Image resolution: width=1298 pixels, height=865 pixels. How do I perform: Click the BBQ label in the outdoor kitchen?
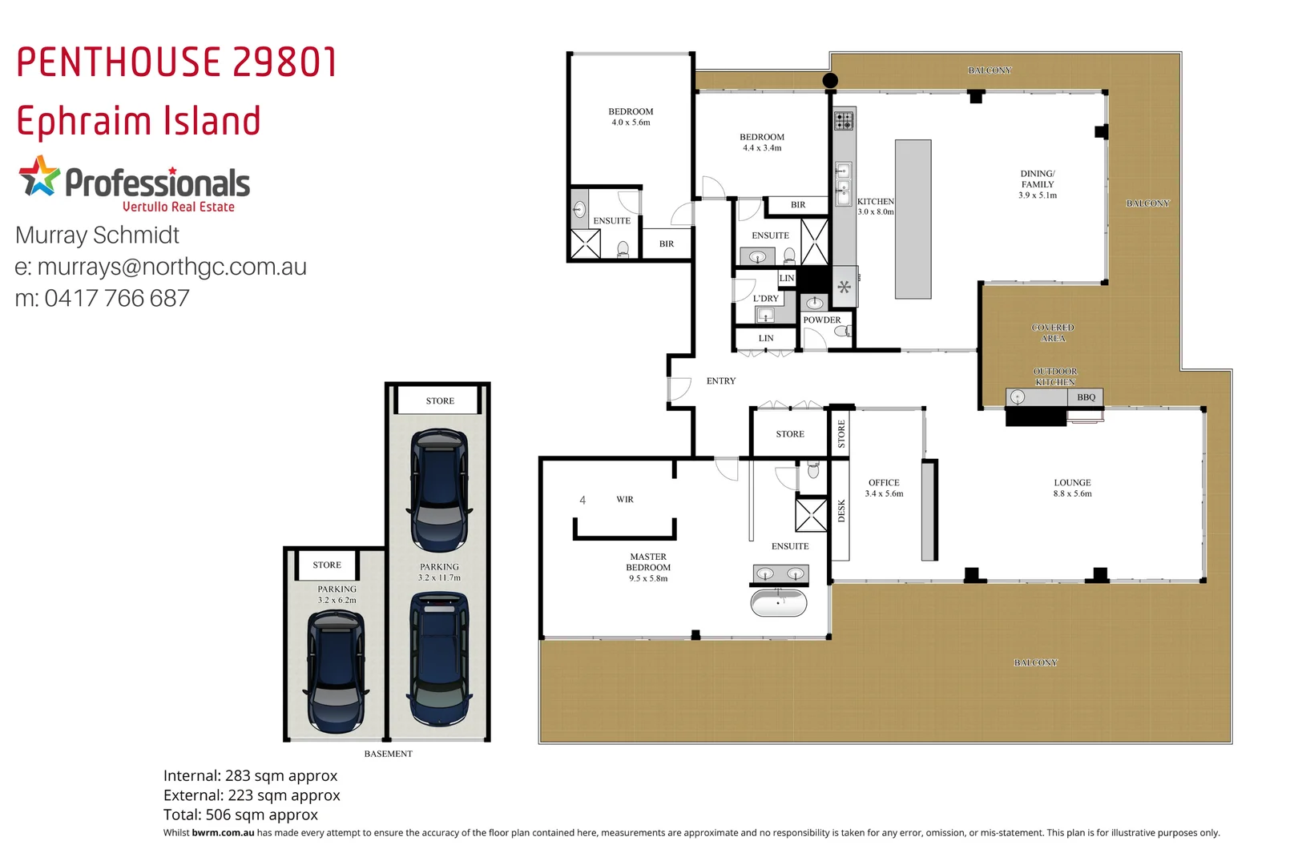(1086, 397)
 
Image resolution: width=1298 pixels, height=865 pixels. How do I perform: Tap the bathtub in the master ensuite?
(779, 603)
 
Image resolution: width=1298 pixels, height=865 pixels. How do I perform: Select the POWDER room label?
(821, 320)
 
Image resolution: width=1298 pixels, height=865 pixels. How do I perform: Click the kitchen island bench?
(913, 219)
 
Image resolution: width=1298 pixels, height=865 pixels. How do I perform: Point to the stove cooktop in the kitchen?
(844, 121)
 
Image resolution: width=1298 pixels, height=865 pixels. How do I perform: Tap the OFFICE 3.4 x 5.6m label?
(884, 488)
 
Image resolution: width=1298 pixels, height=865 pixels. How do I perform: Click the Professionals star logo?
(39, 177)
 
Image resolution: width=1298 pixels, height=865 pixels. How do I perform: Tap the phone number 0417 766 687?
(117, 298)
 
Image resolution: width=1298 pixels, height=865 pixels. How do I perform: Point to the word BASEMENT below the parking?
(388, 754)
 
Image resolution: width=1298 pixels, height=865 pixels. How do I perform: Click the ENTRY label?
(720, 381)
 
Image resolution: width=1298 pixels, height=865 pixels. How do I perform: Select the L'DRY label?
(765, 299)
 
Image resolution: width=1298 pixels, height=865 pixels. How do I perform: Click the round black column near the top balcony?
(831, 80)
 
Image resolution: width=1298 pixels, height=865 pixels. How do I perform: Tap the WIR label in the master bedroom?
(625, 500)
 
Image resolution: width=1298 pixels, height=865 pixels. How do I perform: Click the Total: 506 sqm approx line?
(240, 815)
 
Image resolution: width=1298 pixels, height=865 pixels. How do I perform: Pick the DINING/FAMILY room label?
(1038, 184)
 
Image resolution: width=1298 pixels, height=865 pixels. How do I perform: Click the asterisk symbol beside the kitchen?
(844, 287)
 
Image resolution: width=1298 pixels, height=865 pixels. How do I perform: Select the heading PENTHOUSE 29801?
(177, 62)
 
